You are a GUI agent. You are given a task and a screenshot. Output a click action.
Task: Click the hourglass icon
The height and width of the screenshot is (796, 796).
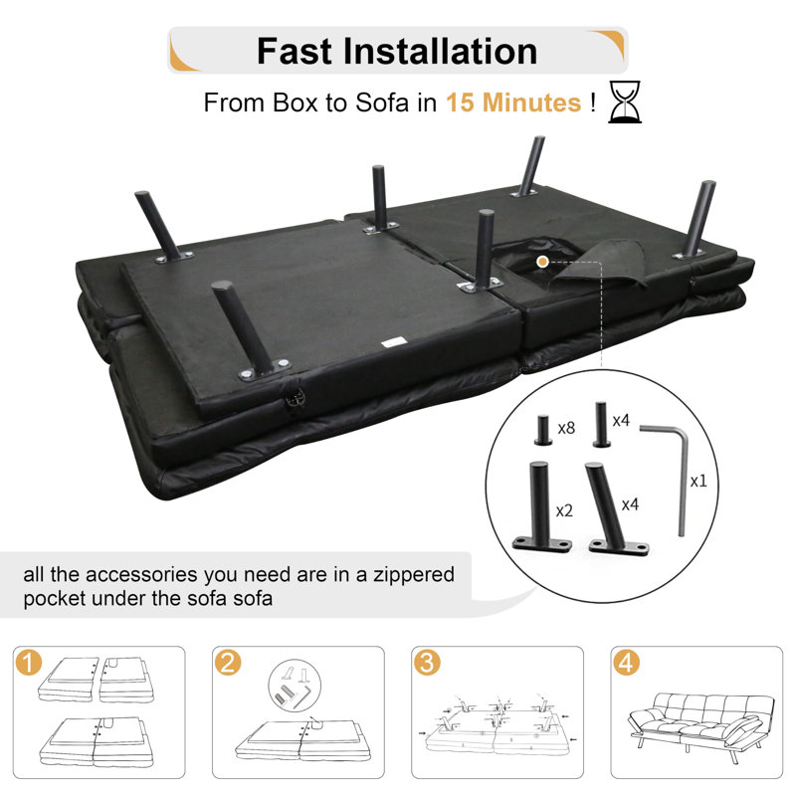625,102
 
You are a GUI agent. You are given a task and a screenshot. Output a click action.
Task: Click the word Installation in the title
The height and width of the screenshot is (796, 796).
440,51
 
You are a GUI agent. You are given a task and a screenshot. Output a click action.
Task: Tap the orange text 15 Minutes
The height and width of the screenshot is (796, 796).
513,102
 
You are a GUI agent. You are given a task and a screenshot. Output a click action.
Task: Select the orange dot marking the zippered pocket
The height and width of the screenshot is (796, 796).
542,262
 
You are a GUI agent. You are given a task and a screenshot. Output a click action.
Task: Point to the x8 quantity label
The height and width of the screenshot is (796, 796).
566,428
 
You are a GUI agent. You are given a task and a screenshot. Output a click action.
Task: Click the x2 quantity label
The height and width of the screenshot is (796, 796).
564,510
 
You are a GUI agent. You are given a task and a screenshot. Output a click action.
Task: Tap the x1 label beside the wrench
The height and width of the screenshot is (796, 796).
698,481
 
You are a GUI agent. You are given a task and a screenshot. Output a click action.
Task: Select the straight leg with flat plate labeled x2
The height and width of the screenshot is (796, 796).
541,506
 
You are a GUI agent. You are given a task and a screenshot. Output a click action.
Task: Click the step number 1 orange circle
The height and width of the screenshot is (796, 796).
29,663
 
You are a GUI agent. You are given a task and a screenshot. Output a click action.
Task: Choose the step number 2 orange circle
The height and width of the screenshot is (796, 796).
228,663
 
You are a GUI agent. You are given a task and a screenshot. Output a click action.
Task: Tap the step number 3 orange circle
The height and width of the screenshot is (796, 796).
427,663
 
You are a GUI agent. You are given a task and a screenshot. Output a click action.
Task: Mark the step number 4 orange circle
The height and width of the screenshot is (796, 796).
626,663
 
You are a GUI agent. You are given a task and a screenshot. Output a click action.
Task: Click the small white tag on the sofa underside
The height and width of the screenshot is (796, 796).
393,342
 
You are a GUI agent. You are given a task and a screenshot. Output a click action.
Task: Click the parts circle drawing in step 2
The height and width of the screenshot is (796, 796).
295,685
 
